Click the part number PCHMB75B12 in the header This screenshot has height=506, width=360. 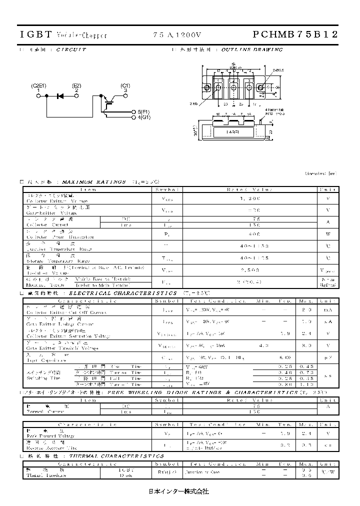click(x=295, y=34)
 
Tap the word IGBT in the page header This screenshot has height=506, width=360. click(x=35, y=34)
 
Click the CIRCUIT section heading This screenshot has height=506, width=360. click(x=71, y=50)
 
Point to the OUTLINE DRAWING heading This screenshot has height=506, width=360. click(x=252, y=50)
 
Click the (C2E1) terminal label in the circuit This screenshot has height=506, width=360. click(x=38, y=86)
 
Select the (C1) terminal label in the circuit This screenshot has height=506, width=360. click(x=125, y=86)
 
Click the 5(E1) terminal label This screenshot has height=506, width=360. click(x=143, y=112)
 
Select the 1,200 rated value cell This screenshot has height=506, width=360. click(x=251, y=199)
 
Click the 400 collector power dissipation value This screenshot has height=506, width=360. click(x=251, y=234)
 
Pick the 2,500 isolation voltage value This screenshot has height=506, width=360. click(x=251, y=270)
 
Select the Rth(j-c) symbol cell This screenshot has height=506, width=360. click(x=166, y=471)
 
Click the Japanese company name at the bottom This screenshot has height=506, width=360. click(x=179, y=491)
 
